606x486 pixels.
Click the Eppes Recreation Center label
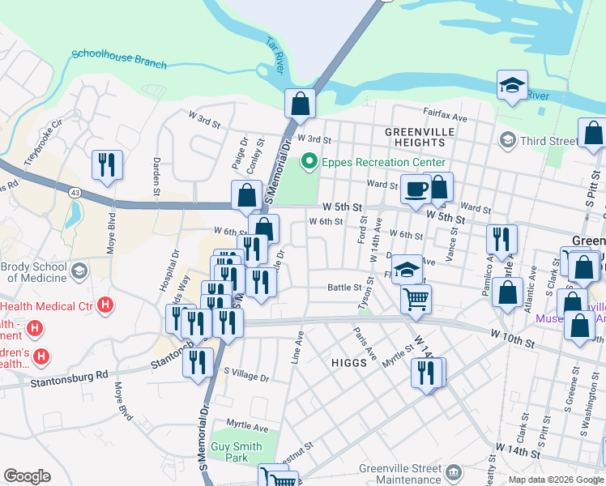[384, 162]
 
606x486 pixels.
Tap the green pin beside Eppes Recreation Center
[309, 162]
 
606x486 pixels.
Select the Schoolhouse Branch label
[118, 59]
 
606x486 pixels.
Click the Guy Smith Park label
[237, 452]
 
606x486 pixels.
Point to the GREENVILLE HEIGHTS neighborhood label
[415, 137]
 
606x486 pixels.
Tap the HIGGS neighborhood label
[349, 363]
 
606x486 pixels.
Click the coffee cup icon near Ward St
[416, 190]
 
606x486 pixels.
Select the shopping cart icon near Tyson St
[416, 299]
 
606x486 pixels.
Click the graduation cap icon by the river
[512, 87]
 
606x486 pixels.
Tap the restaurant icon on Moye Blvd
[107, 164]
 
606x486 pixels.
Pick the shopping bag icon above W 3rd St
[300, 104]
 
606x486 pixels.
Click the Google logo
[27, 476]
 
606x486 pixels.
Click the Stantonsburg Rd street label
[69, 376]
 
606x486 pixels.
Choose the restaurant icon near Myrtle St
[427, 373]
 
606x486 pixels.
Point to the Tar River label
[273, 56]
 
